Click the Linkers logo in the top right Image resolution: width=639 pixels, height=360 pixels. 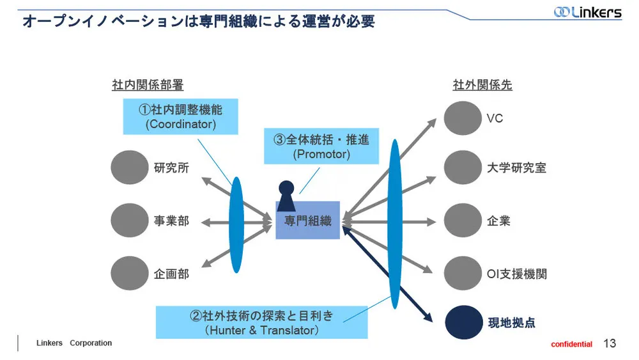point(587,12)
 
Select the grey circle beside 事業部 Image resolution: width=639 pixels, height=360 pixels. point(130,221)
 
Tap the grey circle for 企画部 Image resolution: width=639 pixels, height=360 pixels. point(130,274)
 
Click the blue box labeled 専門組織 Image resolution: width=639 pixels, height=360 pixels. point(307,221)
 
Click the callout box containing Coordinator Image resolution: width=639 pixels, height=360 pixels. point(181,116)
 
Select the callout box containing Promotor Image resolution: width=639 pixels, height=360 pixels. point(321,146)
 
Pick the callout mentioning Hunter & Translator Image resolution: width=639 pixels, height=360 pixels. point(261,322)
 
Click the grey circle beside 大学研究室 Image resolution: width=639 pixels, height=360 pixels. point(463,169)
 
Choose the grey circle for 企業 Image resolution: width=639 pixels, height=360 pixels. point(463,221)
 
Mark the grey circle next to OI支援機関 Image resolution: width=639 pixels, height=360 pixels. point(463,274)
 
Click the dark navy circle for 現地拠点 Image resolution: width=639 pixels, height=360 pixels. point(463,322)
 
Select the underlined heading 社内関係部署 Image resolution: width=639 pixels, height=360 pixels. point(148,85)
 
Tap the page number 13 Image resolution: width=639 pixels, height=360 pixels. point(610,343)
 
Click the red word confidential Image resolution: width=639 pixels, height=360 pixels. point(571,345)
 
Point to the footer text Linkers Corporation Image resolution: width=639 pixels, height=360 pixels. point(74,343)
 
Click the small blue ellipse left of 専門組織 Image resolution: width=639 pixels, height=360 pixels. point(236,224)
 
